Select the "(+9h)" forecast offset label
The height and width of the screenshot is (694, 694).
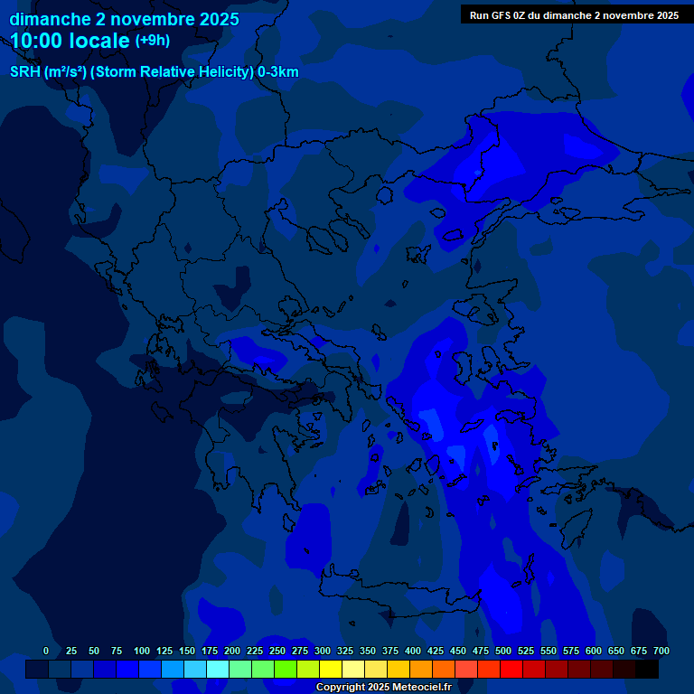tap(152, 41)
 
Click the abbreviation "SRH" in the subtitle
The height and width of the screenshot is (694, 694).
tap(24, 72)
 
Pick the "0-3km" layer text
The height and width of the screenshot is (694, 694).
tap(278, 72)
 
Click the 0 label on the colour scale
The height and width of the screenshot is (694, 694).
tap(46, 651)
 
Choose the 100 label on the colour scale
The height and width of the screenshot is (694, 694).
tap(142, 651)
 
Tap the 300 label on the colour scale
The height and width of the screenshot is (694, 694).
tap(323, 651)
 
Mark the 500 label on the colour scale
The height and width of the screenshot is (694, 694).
tap(503, 651)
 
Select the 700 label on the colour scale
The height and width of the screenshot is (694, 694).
tap(661, 651)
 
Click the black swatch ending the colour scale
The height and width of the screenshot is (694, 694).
tap(647, 669)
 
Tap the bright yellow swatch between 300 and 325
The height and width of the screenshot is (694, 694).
tap(331, 669)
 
